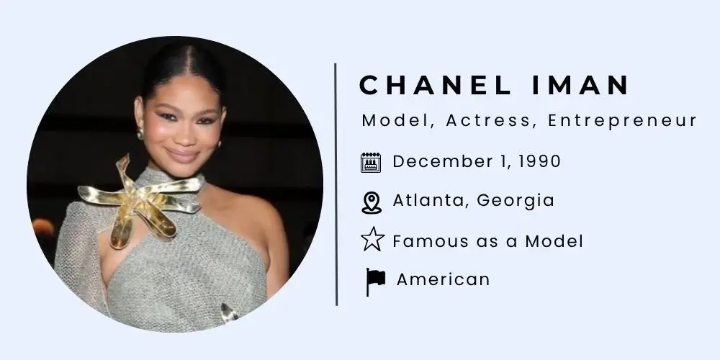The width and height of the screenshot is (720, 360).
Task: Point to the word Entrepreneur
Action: click(622, 121)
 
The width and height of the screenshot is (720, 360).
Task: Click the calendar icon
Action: click(370, 163)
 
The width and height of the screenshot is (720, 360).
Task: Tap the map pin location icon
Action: click(371, 202)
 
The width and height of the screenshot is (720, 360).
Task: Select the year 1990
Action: click(536, 161)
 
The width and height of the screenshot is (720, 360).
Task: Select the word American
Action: click(443, 279)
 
